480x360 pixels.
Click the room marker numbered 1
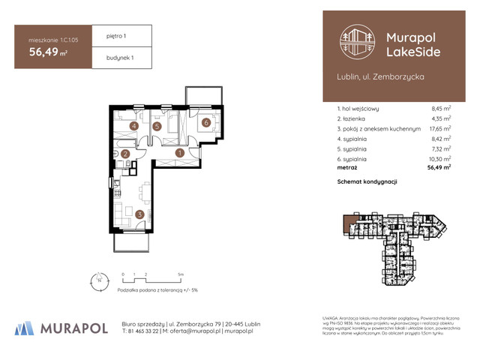(x=180, y=153)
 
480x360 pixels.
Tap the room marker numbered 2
(x=125, y=154)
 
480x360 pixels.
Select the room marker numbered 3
(x=140, y=214)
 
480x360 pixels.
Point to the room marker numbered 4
(x=133, y=126)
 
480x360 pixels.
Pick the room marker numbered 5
(x=157, y=127)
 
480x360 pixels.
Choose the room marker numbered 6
(x=205, y=122)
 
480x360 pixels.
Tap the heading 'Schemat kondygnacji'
(x=367, y=182)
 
